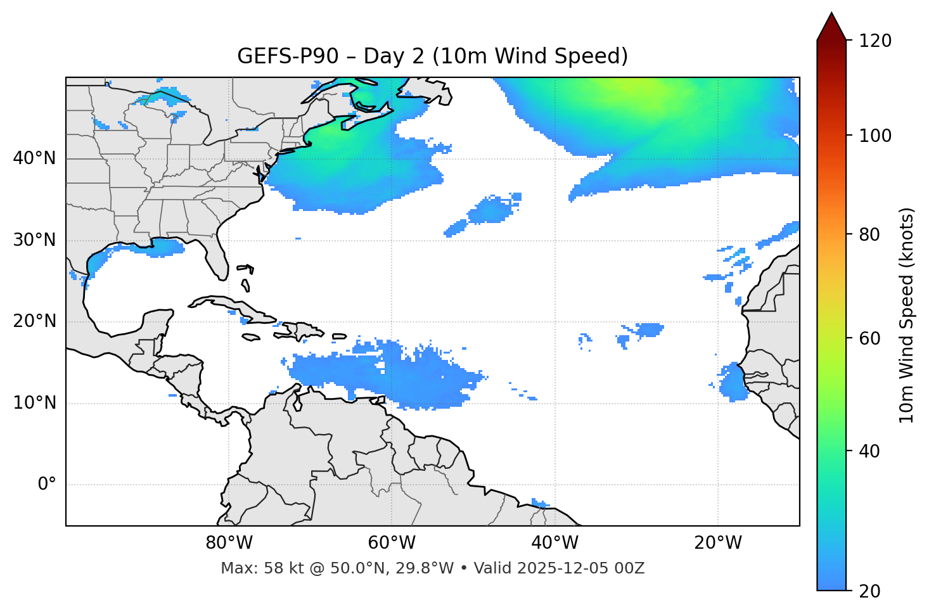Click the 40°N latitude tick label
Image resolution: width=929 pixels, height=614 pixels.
click(34, 158)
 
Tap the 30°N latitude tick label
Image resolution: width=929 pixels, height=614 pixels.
click(34, 240)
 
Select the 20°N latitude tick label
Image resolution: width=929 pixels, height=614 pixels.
click(34, 322)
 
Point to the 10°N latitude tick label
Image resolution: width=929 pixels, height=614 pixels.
click(34, 403)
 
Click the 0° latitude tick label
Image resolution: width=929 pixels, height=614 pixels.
click(47, 485)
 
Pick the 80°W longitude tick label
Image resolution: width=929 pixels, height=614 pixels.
click(229, 543)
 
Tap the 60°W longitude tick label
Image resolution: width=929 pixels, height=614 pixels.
click(392, 543)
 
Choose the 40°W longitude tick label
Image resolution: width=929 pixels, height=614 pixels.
click(554, 543)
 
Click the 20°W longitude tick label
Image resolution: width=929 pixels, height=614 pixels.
click(718, 543)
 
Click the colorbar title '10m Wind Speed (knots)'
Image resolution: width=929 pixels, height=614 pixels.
click(907, 315)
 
